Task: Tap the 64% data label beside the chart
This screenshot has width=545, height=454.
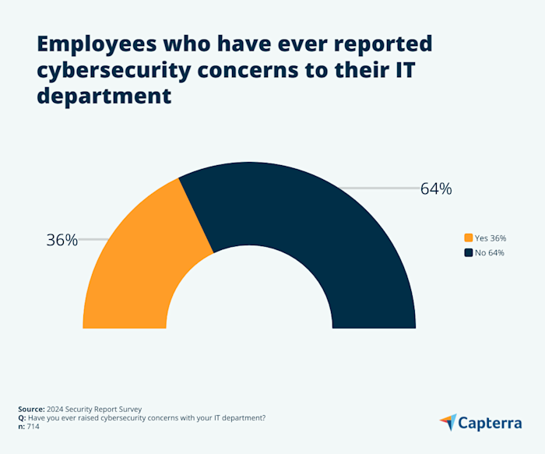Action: (x=435, y=188)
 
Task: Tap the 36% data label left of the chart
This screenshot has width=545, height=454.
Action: (x=62, y=240)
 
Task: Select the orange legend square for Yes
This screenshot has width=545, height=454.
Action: (x=468, y=238)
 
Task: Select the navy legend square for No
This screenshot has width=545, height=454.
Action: (x=468, y=252)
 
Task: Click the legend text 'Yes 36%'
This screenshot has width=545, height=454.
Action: (x=490, y=238)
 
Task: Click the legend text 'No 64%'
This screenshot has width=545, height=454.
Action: (x=490, y=252)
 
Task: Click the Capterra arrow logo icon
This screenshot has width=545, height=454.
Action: (x=448, y=422)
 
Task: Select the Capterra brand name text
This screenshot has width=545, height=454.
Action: (x=490, y=423)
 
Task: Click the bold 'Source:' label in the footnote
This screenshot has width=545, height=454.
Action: (x=32, y=408)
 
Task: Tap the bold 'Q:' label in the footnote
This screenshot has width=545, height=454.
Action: (x=22, y=417)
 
